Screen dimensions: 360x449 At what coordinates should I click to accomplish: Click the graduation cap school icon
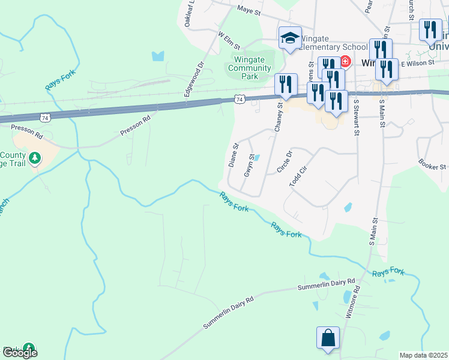click(x=290, y=38)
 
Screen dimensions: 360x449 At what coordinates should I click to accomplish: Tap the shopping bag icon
click(x=328, y=338)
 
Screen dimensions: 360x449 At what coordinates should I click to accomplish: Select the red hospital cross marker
click(x=345, y=61)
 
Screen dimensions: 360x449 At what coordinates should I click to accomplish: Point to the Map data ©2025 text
click(x=423, y=355)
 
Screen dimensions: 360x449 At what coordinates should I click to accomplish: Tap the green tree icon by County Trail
click(x=35, y=158)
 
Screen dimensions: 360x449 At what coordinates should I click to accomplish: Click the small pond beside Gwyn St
click(x=256, y=158)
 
